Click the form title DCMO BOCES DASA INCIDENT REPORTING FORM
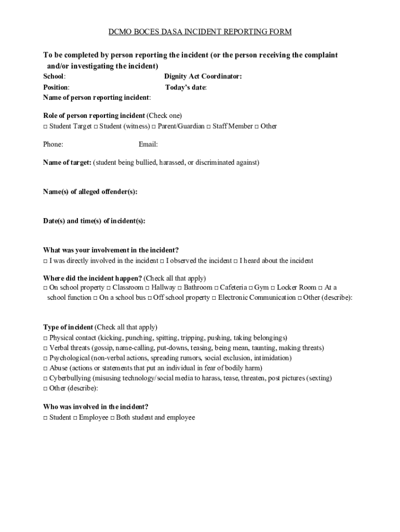point(200,32)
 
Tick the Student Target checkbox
point(45,126)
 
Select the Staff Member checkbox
point(209,126)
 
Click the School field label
point(54,76)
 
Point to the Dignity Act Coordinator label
point(203,76)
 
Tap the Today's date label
point(185,87)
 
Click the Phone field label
point(53,144)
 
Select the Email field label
point(148,144)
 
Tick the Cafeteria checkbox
point(216,287)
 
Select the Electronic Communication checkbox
point(214,298)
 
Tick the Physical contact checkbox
point(45,338)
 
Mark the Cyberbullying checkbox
point(45,378)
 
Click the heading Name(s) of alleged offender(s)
point(90,192)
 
